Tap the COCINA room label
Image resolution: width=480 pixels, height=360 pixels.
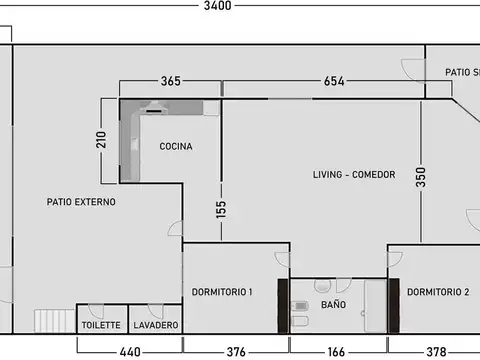tap(175, 147)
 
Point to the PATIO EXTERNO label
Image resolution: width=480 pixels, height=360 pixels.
tap(81, 202)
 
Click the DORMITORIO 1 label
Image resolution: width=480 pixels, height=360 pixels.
tap(222, 292)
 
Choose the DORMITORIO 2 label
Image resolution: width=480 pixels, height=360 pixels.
tap(438, 292)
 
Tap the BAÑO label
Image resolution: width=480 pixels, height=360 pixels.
tap(333, 304)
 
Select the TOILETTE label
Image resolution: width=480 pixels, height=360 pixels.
tap(101, 325)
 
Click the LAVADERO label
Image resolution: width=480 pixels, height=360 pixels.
tap(156, 325)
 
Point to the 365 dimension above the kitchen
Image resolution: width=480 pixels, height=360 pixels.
tap(170, 81)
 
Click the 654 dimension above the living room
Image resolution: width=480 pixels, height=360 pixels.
tap(334, 81)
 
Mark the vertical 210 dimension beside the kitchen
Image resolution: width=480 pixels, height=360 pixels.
tap(101, 140)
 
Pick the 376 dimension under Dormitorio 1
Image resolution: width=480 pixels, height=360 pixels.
tap(236, 351)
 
